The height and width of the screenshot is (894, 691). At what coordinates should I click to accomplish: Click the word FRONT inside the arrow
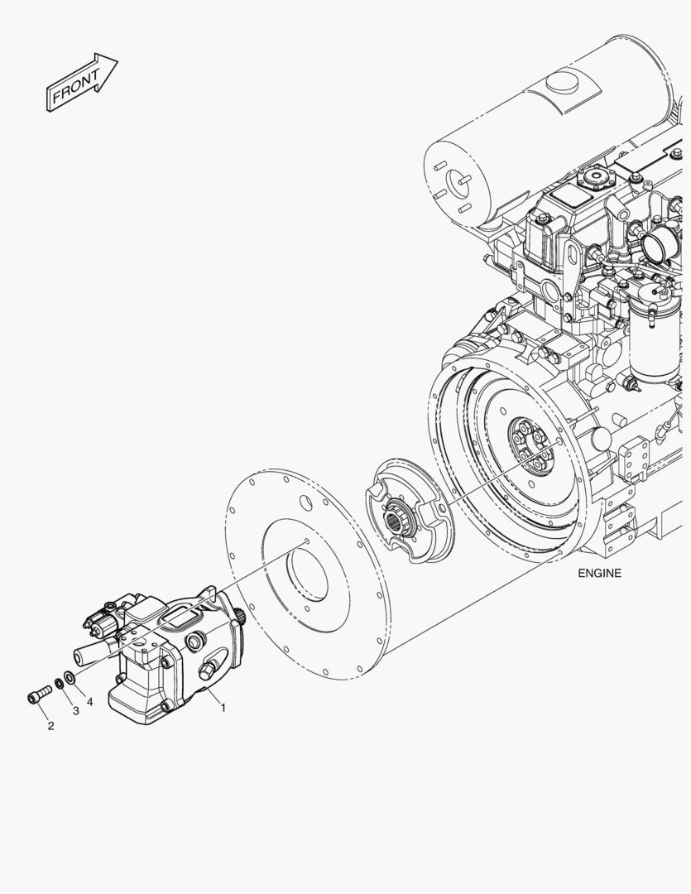[x=76, y=86]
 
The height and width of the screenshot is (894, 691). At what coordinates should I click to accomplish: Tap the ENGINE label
[x=599, y=574]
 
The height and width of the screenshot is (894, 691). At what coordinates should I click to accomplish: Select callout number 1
[x=223, y=708]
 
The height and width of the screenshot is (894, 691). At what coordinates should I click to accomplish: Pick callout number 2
[x=50, y=726]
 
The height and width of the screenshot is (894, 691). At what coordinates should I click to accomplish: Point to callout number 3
[x=76, y=711]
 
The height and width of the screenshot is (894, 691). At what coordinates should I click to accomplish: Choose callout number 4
[x=90, y=702]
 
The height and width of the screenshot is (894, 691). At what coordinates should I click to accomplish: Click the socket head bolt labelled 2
[x=39, y=695]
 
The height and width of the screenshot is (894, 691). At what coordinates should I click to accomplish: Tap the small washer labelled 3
[x=60, y=682]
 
